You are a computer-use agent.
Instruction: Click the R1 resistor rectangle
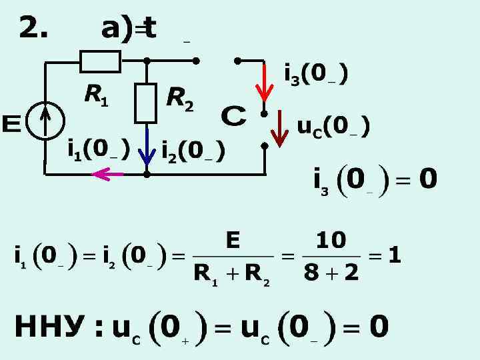click(x=101, y=61)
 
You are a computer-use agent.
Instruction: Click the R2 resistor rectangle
click(x=145, y=103)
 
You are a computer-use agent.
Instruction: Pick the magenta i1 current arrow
click(x=109, y=174)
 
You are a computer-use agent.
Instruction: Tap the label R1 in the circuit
click(x=95, y=97)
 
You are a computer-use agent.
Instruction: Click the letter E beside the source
click(x=12, y=125)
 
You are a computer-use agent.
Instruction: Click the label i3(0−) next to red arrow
click(x=315, y=75)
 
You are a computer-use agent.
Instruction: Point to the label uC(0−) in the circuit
click(x=333, y=126)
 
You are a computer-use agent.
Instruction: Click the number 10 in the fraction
click(x=331, y=240)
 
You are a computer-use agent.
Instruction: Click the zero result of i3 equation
click(x=427, y=179)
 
